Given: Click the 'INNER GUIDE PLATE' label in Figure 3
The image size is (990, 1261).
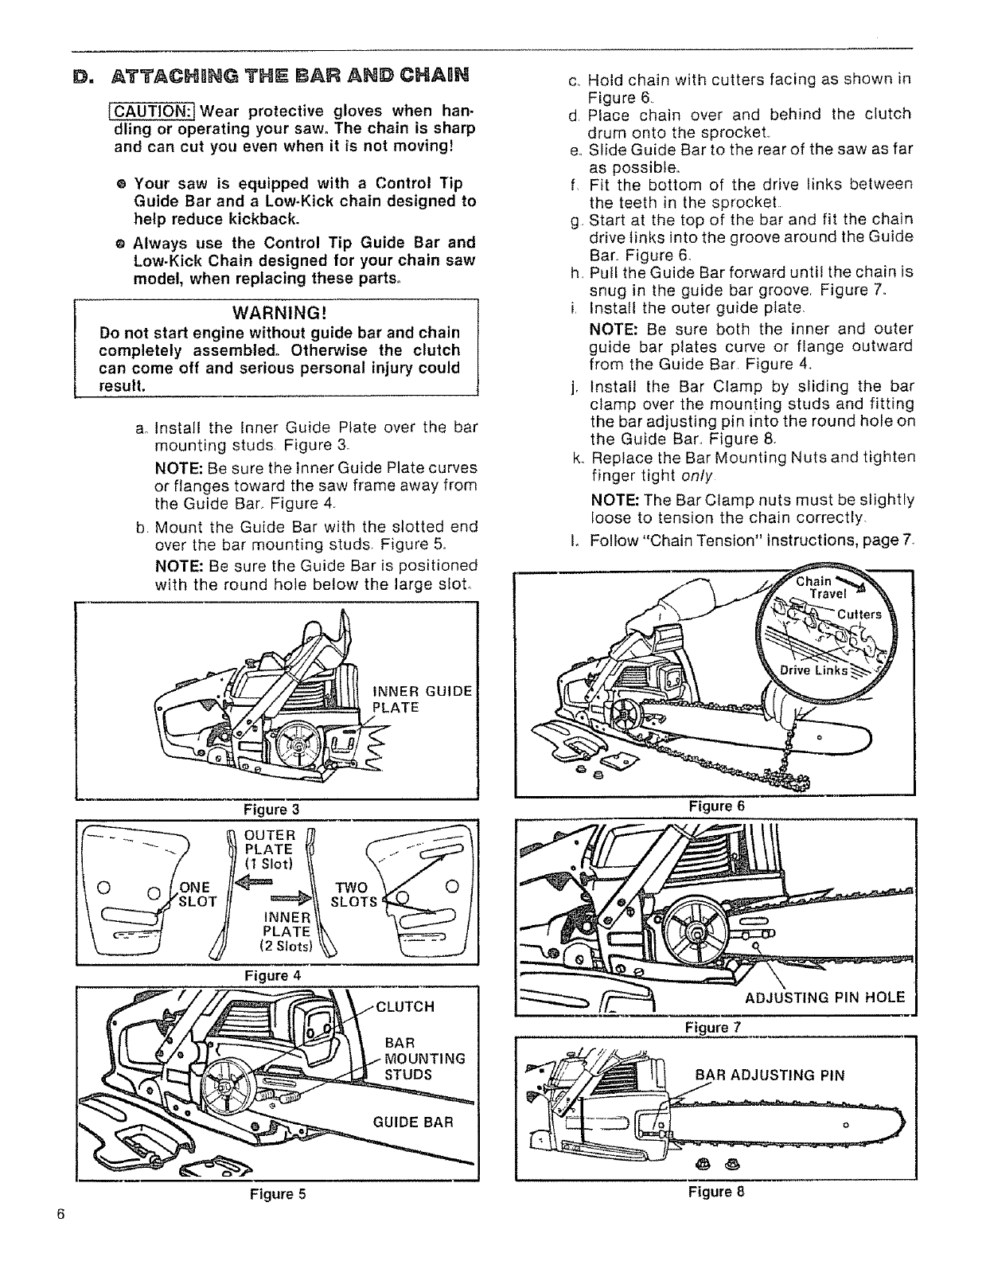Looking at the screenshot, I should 422,699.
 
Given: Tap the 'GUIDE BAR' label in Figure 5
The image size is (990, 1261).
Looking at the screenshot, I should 412,1122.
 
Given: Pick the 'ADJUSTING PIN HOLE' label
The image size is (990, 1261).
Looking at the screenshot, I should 824,997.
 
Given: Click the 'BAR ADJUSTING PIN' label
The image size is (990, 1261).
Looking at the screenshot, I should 770,1076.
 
